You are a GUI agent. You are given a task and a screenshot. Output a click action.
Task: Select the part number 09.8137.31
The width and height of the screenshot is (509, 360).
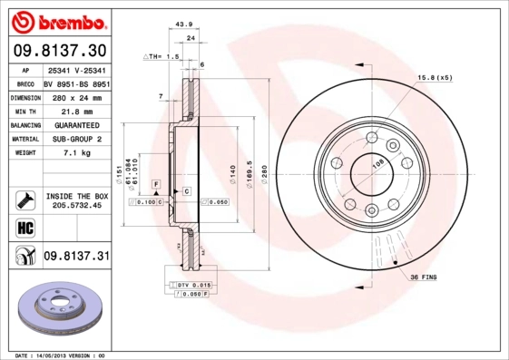(76, 257)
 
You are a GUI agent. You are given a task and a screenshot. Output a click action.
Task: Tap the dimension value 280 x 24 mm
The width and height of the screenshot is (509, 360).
(75, 96)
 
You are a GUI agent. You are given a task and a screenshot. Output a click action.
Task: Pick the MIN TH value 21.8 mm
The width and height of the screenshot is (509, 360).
(75, 110)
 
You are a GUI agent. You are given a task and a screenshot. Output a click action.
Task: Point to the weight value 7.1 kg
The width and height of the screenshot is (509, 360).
(75, 153)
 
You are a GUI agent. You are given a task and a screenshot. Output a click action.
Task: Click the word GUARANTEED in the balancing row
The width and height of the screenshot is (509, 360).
(75, 124)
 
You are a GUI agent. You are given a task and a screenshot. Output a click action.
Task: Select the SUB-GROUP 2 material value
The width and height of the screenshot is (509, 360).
(75, 139)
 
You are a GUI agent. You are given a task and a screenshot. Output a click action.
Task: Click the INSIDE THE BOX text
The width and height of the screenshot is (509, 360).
(76, 196)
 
